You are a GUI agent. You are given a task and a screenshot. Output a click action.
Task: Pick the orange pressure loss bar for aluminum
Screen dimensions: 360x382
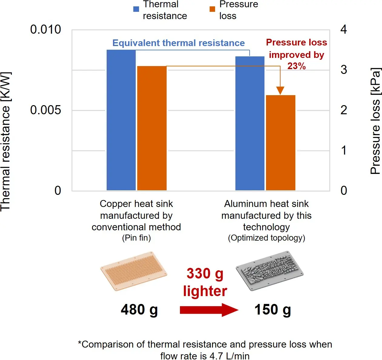pyautogui.click(x=281, y=142)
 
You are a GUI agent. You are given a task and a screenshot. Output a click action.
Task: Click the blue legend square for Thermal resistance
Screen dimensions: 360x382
pyautogui.click(x=136, y=9)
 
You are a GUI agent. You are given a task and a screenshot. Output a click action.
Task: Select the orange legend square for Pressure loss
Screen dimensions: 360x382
pyautogui.click(x=212, y=9)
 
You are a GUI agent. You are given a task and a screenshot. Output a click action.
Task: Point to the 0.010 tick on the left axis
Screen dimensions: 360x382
pyautogui.click(x=45, y=30)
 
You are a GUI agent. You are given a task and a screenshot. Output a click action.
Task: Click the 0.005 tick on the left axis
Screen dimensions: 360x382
pyautogui.click(x=45, y=110)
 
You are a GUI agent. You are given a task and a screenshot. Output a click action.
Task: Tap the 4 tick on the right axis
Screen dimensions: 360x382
pyautogui.click(x=344, y=30)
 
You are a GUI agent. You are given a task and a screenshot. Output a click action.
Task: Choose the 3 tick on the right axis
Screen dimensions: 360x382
pyautogui.click(x=344, y=70)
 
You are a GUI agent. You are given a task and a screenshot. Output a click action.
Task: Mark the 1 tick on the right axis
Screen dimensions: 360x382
pyautogui.click(x=344, y=150)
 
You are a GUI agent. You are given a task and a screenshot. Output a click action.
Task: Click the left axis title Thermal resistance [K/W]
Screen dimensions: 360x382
pyautogui.click(x=5, y=141)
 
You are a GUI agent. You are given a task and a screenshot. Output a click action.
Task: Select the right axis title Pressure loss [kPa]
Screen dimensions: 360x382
pyautogui.click(x=375, y=121)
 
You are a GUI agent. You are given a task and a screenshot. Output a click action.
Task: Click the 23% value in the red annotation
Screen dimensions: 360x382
pyautogui.click(x=296, y=66)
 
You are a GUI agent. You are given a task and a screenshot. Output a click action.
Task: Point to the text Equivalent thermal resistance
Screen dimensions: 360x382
pyautogui.click(x=178, y=43)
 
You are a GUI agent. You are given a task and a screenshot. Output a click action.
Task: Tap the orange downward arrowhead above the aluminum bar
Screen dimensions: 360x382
pyautogui.click(x=280, y=90)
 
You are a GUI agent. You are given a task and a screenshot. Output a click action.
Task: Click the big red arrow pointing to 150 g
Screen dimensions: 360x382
pyautogui.click(x=209, y=310)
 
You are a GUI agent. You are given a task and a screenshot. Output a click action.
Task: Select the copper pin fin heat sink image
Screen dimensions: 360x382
pyautogui.click(x=134, y=270)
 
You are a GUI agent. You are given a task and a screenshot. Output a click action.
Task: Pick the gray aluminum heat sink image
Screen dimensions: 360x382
pyautogui.click(x=269, y=270)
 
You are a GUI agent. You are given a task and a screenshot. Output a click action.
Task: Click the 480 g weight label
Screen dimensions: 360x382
pyautogui.click(x=139, y=310)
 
